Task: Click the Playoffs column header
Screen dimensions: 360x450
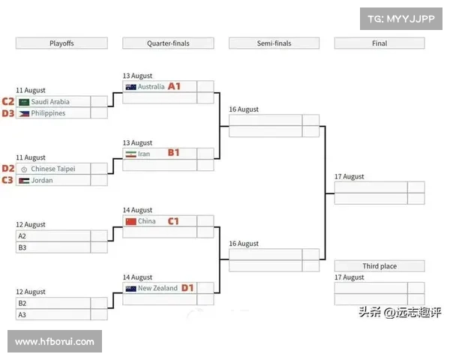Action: click(x=61, y=43)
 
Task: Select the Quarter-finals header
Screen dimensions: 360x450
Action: click(x=168, y=43)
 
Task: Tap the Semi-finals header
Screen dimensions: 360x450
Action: click(x=274, y=43)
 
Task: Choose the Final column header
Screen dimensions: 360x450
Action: click(x=379, y=43)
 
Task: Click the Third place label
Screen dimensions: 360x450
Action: click(x=379, y=266)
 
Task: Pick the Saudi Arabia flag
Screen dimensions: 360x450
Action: click(x=24, y=102)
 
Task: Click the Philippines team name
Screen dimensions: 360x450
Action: click(x=48, y=113)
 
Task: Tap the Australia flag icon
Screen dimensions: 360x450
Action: click(x=130, y=87)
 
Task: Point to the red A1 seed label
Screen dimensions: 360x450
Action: click(x=175, y=86)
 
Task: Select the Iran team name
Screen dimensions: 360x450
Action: click(x=144, y=154)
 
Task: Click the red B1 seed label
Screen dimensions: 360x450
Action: click(x=173, y=153)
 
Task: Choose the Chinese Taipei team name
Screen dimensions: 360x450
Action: click(x=52, y=169)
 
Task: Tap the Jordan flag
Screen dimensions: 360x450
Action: click(x=24, y=181)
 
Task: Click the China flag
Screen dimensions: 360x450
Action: click(x=130, y=221)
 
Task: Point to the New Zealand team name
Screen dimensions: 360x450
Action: click(x=157, y=288)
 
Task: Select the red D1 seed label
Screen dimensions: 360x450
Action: click(x=187, y=288)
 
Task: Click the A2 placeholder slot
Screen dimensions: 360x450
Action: click(x=22, y=236)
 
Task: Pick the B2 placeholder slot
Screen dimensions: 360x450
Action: click(x=22, y=304)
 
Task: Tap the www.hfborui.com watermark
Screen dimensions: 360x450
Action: click(x=54, y=342)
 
